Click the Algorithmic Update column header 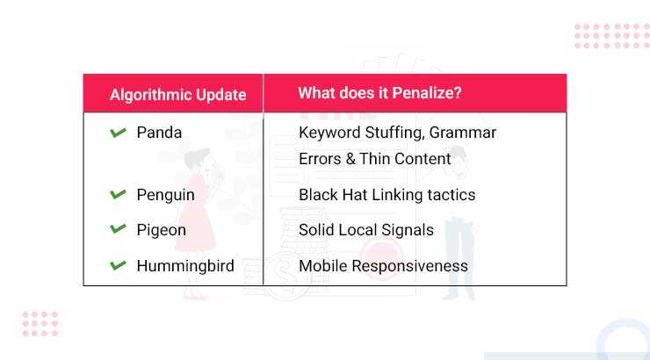point(177,95)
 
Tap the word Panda point(159,133)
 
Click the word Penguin point(165,195)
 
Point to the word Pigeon point(161,230)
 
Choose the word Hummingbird point(185,265)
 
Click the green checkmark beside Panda point(118,133)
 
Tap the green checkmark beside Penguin point(118,194)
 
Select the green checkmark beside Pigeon point(118,229)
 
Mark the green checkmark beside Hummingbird point(118,264)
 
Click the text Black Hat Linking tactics point(386,195)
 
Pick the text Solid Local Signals point(365,230)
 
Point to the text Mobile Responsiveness point(383,265)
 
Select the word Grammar point(465,133)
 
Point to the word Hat point(354,195)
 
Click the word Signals point(405,230)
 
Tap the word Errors point(321,159)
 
